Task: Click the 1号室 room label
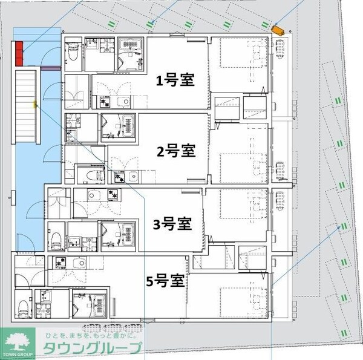(x=175, y=80)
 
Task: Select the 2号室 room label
(x=175, y=151)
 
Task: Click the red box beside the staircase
(x=19, y=53)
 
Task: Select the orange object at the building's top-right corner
(x=278, y=30)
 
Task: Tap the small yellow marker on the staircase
(x=36, y=105)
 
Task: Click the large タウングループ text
(x=93, y=349)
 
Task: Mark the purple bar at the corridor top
(x=50, y=68)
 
